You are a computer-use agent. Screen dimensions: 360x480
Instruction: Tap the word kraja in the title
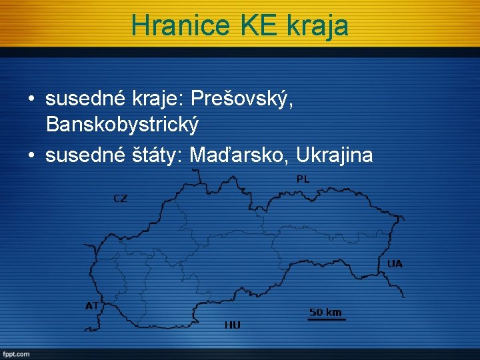pyautogui.click(x=317, y=25)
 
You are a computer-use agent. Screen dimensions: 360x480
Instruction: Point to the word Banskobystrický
pyautogui.click(x=122, y=124)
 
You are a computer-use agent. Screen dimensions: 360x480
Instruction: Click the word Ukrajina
pyautogui.click(x=335, y=155)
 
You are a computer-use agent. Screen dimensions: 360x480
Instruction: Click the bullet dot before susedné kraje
pyautogui.click(x=31, y=100)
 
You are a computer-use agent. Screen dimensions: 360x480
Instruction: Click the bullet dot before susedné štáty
pyautogui.click(x=31, y=155)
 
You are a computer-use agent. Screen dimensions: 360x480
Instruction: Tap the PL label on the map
pyautogui.click(x=303, y=179)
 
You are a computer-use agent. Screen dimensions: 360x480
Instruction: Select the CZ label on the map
pyautogui.click(x=120, y=198)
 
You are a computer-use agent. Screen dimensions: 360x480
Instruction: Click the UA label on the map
pyautogui.click(x=395, y=264)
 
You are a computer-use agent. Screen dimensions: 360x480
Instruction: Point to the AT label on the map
pyautogui.click(x=92, y=306)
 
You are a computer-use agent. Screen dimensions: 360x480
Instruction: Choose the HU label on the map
pyautogui.click(x=232, y=325)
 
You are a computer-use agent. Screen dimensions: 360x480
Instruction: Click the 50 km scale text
pyautogui.click(x=325, y=312)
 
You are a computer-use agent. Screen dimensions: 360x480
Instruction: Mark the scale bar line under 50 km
pyautogui.click(x=326, y=320)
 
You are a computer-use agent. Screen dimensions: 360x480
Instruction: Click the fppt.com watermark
pyautogui.click(x=16, y=354)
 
